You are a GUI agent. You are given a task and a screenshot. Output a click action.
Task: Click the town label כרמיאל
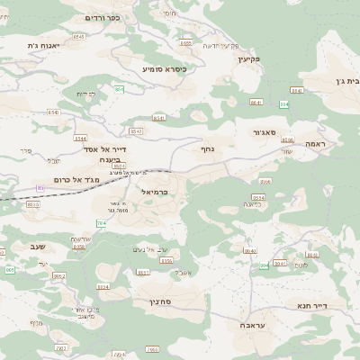pyautogui.click(x=155, y=192)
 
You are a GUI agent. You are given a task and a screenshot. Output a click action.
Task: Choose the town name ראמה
pyautogui.click(x=319, y=144)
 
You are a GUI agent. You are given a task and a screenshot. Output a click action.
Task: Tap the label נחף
pyautogui.click(x=206, y=149)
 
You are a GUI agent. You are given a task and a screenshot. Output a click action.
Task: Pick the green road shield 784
pyautogui.click(x=100, y=222)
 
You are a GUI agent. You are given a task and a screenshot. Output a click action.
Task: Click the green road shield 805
pyautogui.click(x=10, y=269)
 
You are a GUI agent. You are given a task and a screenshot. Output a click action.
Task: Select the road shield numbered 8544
pyautogui.click(x=81, y=139)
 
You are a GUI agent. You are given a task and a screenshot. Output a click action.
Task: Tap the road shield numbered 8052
pyautogui.click(x=59, y=276)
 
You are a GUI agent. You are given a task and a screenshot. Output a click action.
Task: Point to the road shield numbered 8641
pyautogui.click(x=256, y=103)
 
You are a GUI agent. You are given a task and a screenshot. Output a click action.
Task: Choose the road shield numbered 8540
pyautogui.click(x=54, y=112)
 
